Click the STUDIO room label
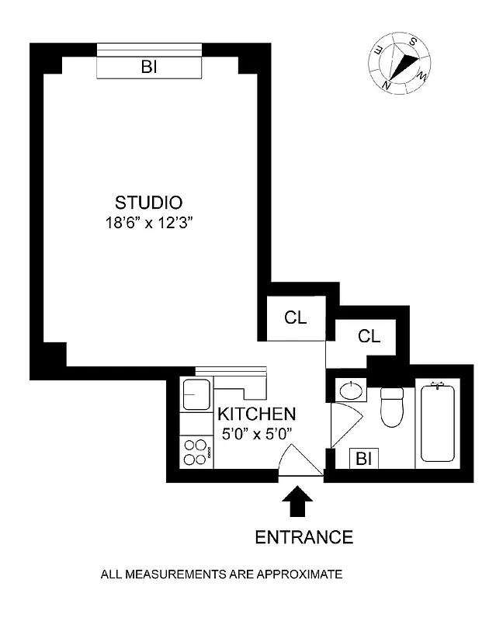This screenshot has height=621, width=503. click(x=148, y=203)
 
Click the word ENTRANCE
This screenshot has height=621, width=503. click(x=304, y=536)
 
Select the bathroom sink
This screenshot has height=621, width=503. click(x=351, y=390)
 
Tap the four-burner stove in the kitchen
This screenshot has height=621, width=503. click(x=196, y=453)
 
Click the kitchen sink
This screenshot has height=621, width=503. click(x=196, y=395)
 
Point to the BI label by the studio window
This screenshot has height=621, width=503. click(x=149, y=68)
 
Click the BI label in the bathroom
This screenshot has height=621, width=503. click(x=363, y=459)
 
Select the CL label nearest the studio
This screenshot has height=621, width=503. click(x=295, y=317)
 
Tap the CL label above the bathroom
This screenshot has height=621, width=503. click(x=369, y=336)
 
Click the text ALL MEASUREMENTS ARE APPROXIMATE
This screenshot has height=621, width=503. click(x=221, y=575)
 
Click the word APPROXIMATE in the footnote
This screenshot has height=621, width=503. click(x=303, y=575)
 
